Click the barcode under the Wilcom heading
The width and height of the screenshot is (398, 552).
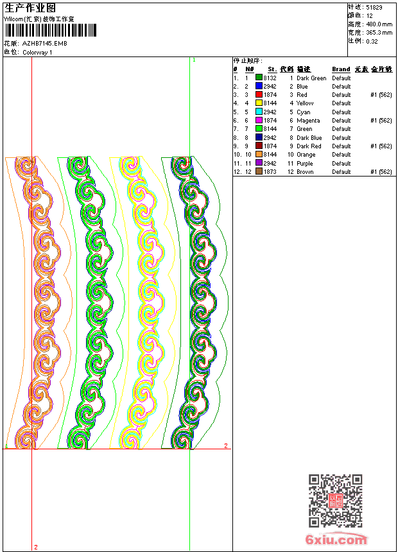tap(50, 30)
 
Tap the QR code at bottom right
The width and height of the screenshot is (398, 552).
tap(335, 501)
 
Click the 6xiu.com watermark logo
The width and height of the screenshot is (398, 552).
tap(336, 539)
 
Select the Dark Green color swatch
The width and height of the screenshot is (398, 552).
tap(259, 78)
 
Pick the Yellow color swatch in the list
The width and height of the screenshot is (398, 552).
tap(259, 103)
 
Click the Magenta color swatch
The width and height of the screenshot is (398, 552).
tap(259, 121)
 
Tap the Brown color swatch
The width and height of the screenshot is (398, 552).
tap(259, 172)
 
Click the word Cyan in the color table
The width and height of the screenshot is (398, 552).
tap(303, 112)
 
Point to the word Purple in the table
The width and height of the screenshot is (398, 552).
tap(305, 163)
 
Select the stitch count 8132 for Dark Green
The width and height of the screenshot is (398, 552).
tap(270, 78)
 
